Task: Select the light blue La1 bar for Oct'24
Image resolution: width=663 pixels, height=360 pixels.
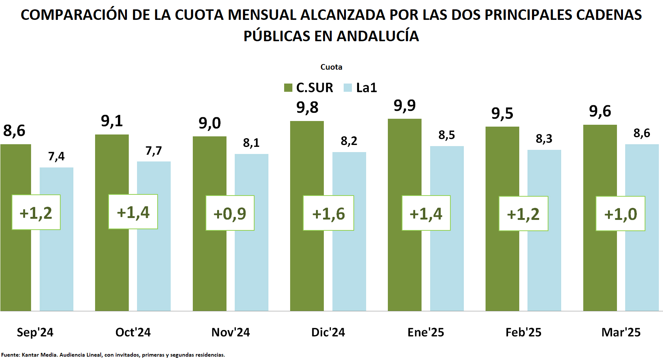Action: (154, 262)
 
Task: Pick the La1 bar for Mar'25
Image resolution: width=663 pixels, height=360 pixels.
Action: (642, 262)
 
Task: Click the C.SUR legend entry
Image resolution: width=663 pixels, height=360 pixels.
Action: (309, 88)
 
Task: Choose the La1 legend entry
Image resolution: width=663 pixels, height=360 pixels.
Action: (360, 88)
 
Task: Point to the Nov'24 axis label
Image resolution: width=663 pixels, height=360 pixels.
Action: (231, 332)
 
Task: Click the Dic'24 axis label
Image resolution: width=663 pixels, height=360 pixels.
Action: (328, 332)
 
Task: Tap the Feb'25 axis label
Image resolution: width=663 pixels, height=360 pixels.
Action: (523, 332)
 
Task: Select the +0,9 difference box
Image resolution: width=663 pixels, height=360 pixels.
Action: (230, 213)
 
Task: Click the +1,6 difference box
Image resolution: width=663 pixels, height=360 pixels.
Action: (328, 213)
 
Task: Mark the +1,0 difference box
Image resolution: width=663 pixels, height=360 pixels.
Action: (620, 214)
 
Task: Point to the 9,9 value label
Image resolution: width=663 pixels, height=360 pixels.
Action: (405, 106)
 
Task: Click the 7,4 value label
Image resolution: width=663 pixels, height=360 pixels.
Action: (57, 156)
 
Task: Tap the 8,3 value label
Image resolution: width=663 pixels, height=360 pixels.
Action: (544, 139)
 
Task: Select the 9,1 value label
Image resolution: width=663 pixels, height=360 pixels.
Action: (112, 121)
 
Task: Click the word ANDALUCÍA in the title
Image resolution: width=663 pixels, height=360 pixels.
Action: (378, 36)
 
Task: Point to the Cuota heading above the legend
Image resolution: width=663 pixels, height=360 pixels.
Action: (331, 67)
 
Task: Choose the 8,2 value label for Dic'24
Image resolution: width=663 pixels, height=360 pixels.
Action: (349, 141)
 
